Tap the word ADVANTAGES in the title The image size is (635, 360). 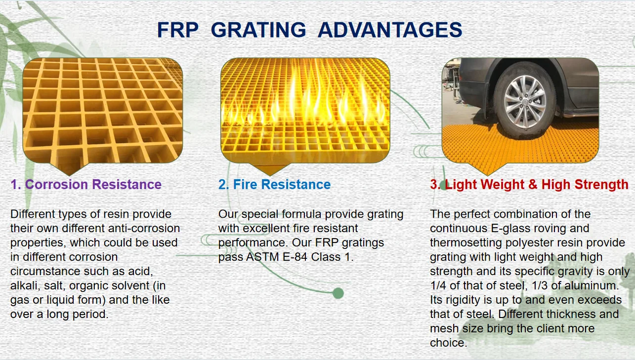click(x=390, y=30)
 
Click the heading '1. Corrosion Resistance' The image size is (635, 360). click(x=86, y=185)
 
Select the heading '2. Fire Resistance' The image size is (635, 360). click(x=274, y=185)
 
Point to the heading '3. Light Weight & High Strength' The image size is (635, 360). click(x=529, y=185)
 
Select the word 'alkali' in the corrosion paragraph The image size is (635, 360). click(x=23, y=286)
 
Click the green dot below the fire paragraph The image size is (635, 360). click(x=338, y=293)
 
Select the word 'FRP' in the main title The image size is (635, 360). click(x=178, y=30)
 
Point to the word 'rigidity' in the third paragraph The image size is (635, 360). click(x=465, y=300)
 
